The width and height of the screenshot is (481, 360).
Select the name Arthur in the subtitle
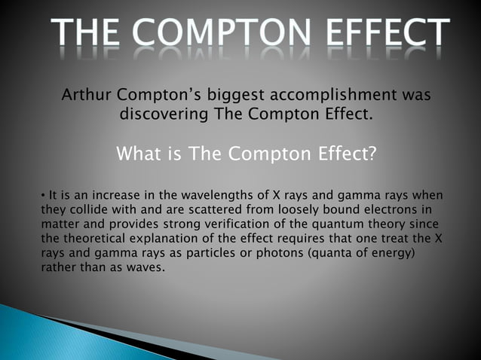87,97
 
